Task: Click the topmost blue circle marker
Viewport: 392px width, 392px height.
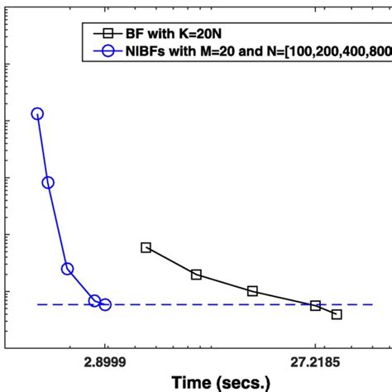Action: click(x=37, y=114)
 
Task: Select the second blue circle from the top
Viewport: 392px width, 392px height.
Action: click(x=48, y=183)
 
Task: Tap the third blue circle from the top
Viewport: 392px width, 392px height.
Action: click(x=68, y=269)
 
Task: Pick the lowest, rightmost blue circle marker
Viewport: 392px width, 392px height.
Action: click(x=105, y=305)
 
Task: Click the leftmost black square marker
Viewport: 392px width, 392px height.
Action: click(x=146, y=247)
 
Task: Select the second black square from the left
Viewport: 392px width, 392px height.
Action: click(x=196, y=275)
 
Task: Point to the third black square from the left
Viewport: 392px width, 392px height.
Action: click(x=252, y=291)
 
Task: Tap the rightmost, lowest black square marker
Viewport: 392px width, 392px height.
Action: click(x=336, y=314)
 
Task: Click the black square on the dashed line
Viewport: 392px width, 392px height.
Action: click(x=315, y=306)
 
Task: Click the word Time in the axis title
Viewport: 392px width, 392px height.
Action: click(x=193, y=383)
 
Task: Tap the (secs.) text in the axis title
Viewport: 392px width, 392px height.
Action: click(x=243, y=383)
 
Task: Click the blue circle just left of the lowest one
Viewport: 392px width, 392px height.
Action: click(x=94, y=301)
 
